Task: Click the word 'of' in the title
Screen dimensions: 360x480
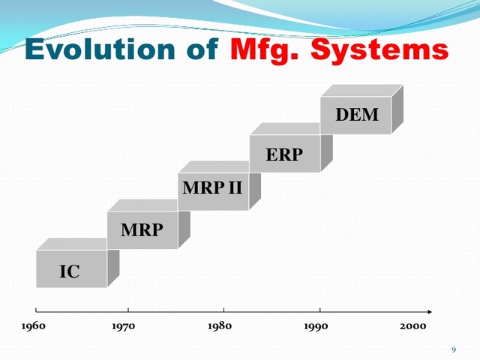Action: (x=200, y=49)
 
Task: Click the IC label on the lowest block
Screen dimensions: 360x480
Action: (x=70, y=271)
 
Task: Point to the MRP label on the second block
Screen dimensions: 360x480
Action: (x=142, y=229)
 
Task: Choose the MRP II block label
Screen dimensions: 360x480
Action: (x=213, y=187)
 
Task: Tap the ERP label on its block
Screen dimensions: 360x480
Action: (x=284, y=154)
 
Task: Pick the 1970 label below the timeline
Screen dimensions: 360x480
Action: (x=123, y=326)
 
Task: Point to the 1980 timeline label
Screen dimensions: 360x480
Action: (x=219, y=326)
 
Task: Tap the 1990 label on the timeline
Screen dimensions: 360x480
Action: (x=315, y=326)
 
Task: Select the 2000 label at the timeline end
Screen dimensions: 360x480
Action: (x=412, y=326)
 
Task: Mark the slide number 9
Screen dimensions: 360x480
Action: (x=454, y=350)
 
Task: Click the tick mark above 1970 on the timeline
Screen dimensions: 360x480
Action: (x=128, y=309)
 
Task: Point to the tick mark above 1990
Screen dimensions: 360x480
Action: (x=320, y=309)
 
